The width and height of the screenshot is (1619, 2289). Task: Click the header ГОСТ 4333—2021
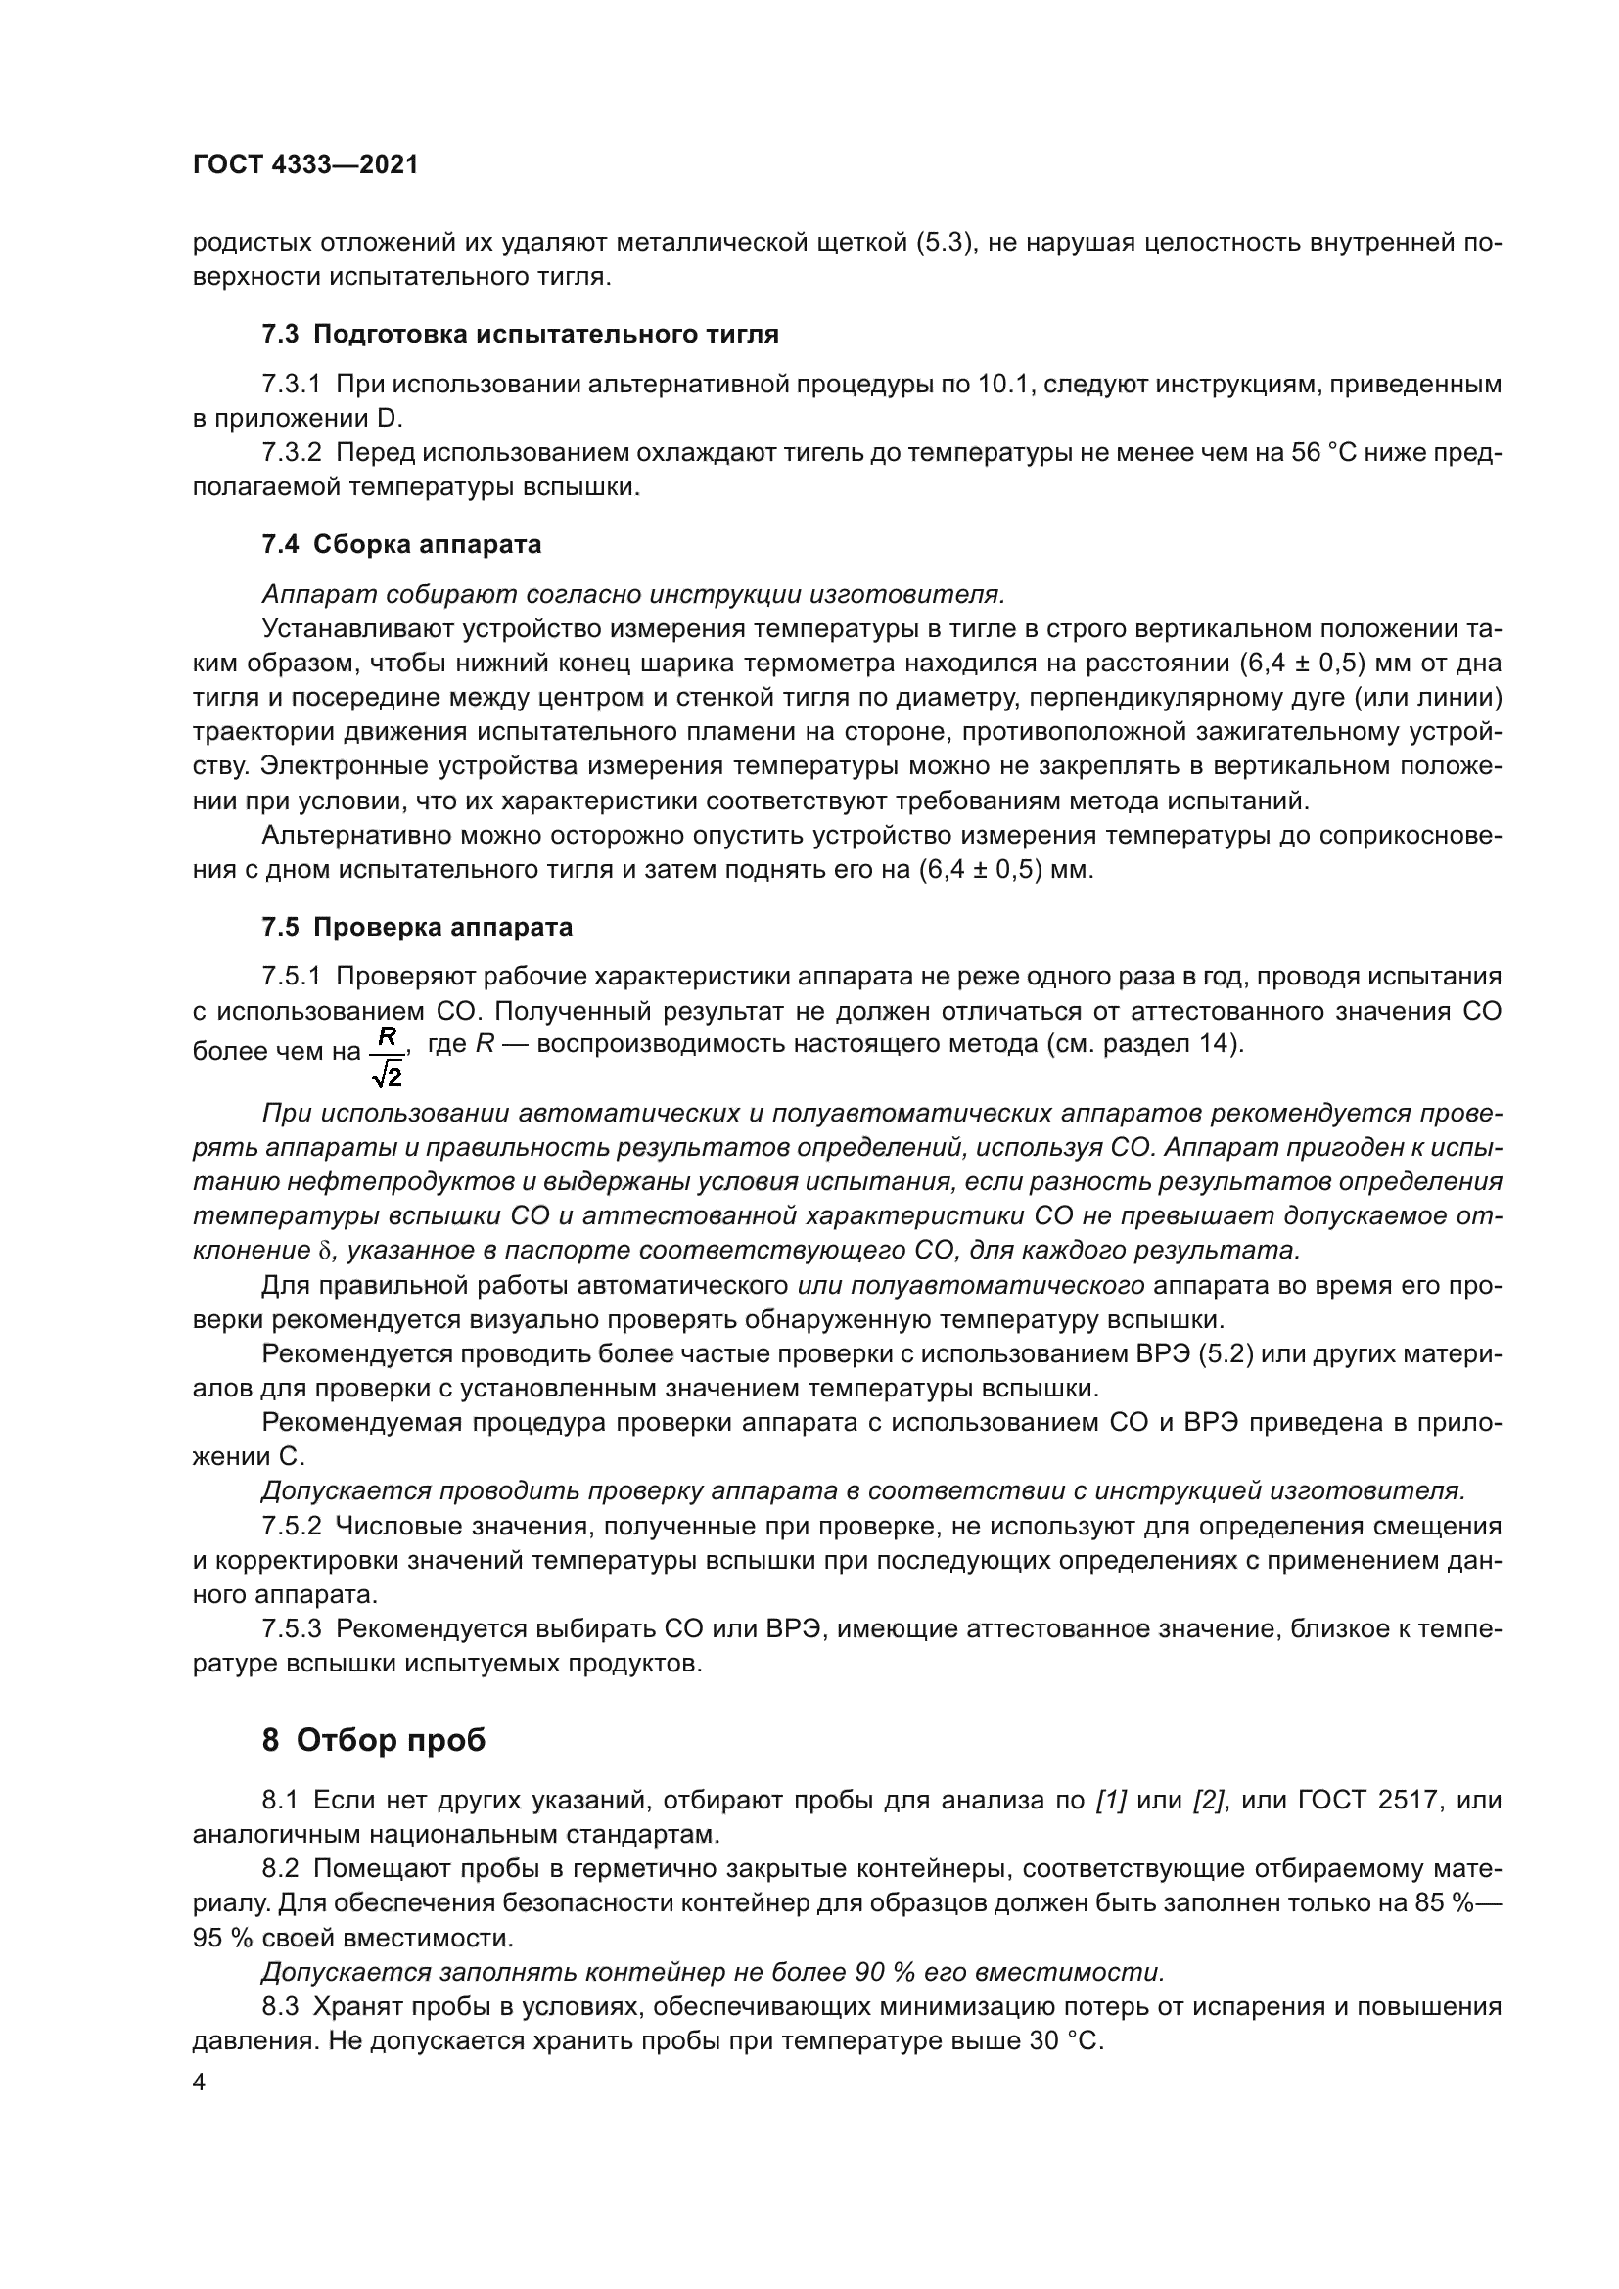tap(305, 165)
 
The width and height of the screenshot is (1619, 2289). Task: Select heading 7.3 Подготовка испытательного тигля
tap(521, 334)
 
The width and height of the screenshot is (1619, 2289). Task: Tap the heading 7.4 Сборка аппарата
tap(401, 544)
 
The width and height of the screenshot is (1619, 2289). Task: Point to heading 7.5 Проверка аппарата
tap(417, 927)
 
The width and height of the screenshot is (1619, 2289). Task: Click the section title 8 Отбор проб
tap(374, 1739)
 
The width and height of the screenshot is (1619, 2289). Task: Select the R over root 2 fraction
tap(387, 1057)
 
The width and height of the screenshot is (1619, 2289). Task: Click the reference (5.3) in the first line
tap(943, 243)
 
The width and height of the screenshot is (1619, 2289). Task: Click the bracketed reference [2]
tap(1208, 1800)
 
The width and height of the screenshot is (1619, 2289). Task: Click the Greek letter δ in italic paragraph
tap(322, 1252)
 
